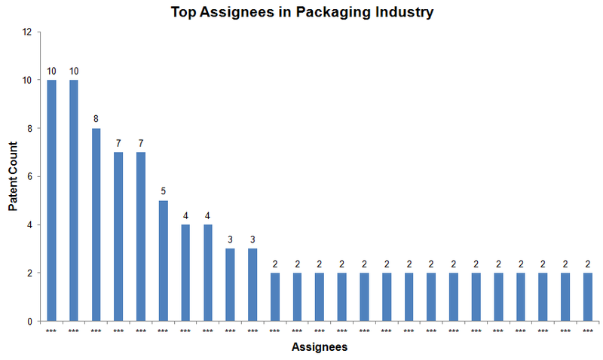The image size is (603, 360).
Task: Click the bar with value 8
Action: point(96,224)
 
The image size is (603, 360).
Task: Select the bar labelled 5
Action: point(163,261)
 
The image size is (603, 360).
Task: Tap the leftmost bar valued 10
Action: point(51,200)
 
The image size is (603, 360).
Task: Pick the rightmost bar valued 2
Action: point(588,297)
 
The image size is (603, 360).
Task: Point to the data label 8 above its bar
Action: point(96,119)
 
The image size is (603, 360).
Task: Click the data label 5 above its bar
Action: point(163,191)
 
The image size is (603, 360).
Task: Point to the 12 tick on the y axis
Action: point(27,32)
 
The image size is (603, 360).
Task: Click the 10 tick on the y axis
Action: point(27,81)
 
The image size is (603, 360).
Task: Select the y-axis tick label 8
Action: point(29,129)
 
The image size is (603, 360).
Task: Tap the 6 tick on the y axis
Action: point(29,177)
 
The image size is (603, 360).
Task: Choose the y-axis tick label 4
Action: point(29,225)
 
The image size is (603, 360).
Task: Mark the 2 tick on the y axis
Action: point(29,273)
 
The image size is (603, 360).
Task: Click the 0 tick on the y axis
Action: point(29,322)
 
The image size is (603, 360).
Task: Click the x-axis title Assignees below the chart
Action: point(319,347)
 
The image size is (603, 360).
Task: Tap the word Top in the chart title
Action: point(185,13)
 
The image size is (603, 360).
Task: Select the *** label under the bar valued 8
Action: point(96,331)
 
